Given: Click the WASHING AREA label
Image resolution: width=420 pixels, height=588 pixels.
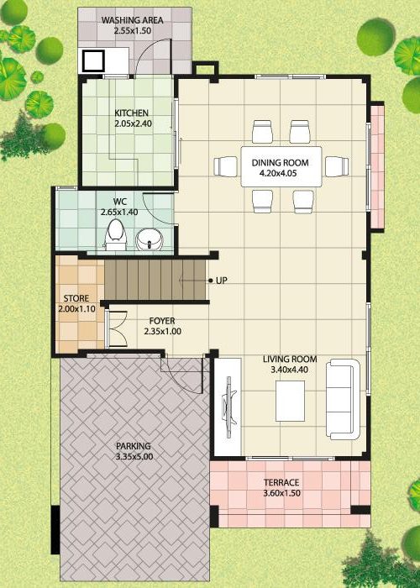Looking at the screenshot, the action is point(133,20).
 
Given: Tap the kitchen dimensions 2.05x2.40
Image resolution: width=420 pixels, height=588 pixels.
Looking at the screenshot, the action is point(133,123).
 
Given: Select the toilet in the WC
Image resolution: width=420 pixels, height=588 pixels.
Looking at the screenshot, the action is point(115,234).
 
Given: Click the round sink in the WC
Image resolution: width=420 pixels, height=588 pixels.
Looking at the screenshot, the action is point(150,239).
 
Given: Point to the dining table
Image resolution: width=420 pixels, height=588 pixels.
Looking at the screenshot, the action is point(281,166).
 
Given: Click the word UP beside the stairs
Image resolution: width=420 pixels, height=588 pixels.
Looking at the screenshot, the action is point(221,280).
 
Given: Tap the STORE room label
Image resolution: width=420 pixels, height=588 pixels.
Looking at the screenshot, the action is point(76,298).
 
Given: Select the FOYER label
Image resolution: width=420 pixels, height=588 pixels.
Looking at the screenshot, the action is point(162,321).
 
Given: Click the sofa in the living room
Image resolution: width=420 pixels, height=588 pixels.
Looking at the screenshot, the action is point(343,399).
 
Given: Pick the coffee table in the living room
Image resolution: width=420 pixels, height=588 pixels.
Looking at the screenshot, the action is point(291,401).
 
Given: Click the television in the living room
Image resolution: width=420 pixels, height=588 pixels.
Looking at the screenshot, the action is point(229,407).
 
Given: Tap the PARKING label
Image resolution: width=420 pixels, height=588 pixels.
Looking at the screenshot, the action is point(133,446).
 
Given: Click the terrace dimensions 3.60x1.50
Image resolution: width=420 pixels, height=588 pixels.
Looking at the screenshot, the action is point(282,493).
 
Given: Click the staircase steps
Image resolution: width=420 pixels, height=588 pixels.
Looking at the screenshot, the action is point(155,280).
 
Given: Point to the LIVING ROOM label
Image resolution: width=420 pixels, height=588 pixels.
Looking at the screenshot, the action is point(290,360).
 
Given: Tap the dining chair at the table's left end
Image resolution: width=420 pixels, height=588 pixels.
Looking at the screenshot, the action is point(226,166).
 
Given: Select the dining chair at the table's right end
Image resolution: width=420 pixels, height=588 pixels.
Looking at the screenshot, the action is point(337,166).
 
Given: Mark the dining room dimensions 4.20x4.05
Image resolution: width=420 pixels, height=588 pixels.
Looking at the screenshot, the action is point(280,173).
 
